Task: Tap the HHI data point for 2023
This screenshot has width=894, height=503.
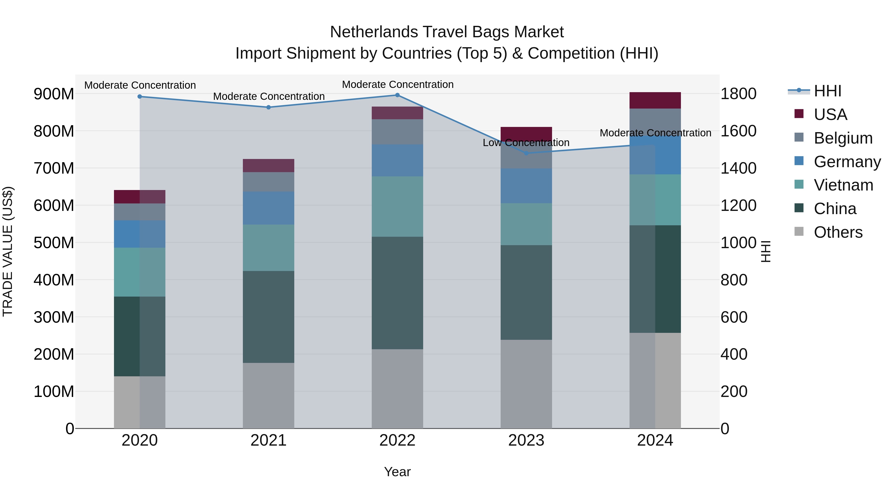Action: click(526, 153)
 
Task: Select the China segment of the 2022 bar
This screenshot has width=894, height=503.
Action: click(397, 293)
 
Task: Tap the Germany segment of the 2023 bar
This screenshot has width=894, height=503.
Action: click(526, 186)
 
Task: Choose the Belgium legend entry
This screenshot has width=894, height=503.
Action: click(843, 138)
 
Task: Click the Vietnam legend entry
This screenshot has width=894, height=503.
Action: click(843, 185)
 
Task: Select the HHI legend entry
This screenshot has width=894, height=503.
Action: click(827, 91)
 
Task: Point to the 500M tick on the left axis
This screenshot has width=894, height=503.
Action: click(54, 243)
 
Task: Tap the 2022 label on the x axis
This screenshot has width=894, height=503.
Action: click(397, 440)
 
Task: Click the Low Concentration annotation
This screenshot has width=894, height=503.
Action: click(526, 143)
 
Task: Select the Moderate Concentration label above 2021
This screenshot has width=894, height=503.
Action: click(269, 97)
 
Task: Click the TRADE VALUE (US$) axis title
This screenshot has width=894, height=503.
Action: click(8, 251)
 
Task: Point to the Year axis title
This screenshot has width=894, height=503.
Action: click(397, 472)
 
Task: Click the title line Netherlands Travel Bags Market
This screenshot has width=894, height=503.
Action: click(447, 32)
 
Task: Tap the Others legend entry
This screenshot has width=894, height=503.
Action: click(838, 232)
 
